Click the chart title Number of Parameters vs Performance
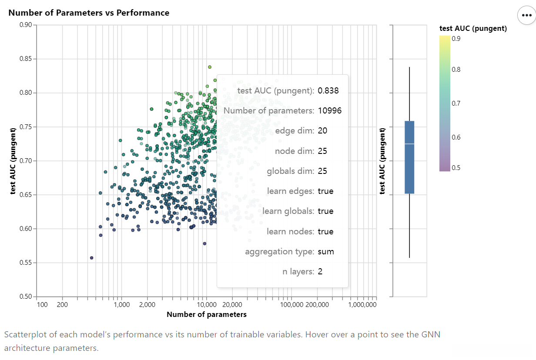coord(89,13)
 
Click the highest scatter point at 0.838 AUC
coord(210,67)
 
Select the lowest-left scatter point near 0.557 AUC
coord(91,258)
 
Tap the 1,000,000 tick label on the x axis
coord(362,304)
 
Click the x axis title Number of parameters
coord(207,314)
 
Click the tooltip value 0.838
coord(328,91)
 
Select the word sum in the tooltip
coord(326,251)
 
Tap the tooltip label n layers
coord(298,272)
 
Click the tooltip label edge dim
coord(295,131)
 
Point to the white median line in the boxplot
coord(409,143)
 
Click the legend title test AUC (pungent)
coord(473,29)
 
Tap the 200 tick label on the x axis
coord(62,304)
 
